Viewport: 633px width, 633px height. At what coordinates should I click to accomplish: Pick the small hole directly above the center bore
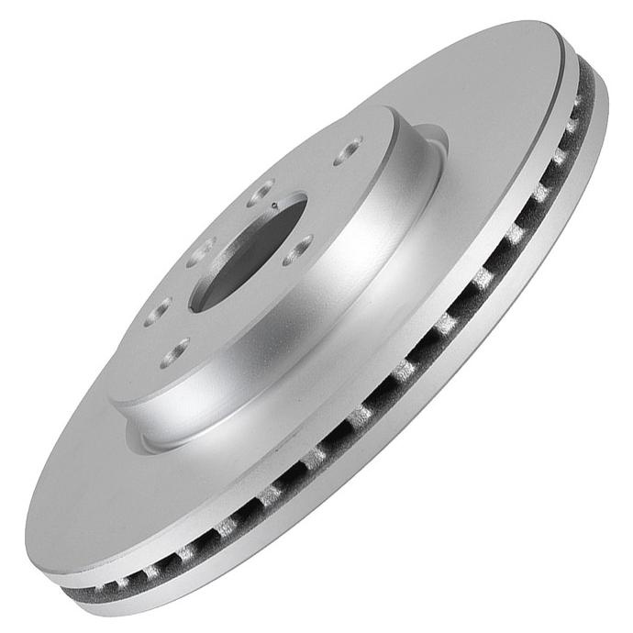click(x=262, y=193)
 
